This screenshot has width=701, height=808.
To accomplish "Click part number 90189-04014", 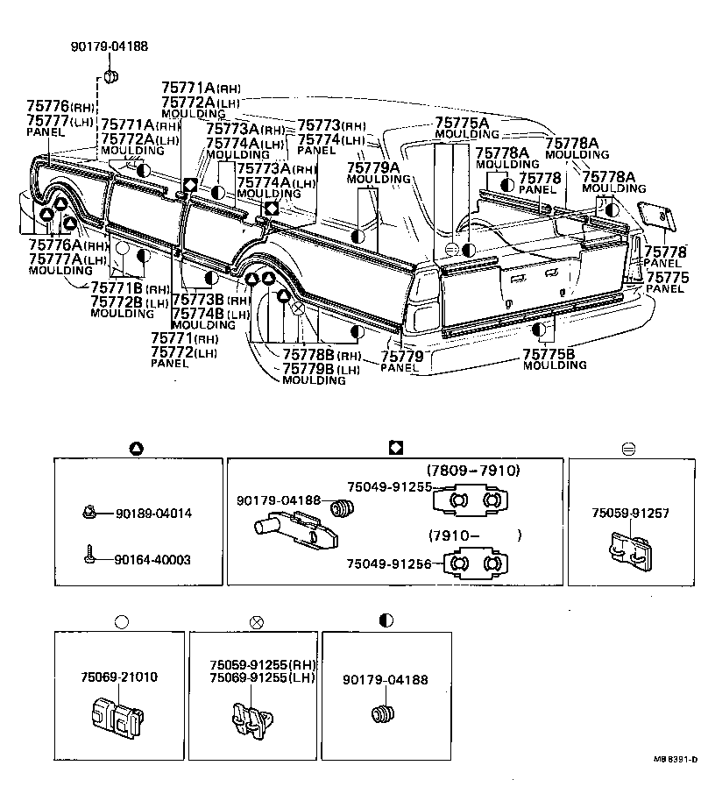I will click(x=152, y=514).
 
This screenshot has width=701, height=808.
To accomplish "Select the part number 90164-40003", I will click(x=152, y=559).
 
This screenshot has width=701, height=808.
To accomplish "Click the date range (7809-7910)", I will click(x=473, y=471).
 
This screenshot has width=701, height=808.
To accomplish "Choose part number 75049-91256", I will click(x=388, y=564).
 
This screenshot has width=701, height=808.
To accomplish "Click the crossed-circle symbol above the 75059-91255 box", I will click(x=257, y=621).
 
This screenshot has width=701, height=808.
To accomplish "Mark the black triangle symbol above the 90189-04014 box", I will click(x=137, y=448).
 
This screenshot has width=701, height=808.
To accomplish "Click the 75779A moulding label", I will click(x=372, y=167).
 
